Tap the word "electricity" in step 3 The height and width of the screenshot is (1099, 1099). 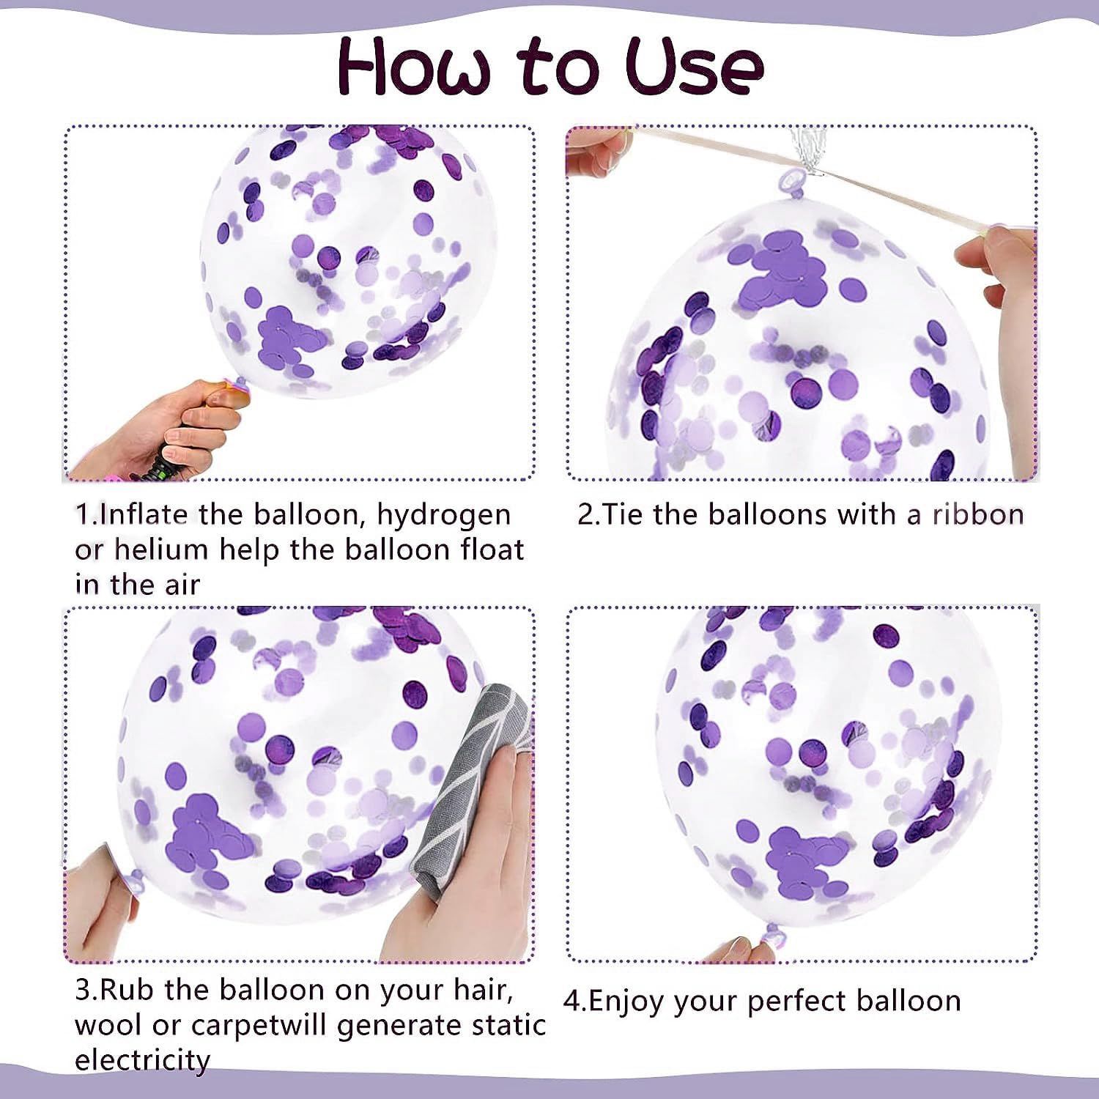point(142,1059)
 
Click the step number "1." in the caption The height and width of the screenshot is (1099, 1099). point(86,515)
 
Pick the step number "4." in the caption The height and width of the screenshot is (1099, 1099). point(575,1001)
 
